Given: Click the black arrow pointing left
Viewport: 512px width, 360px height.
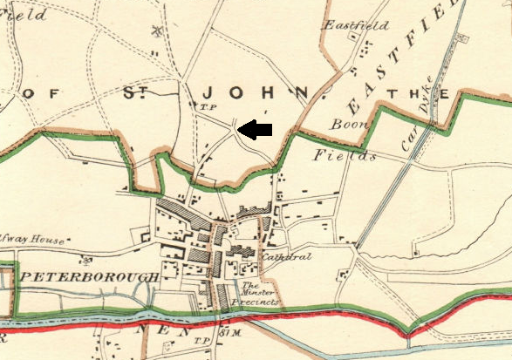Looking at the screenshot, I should click(x=256, y=130).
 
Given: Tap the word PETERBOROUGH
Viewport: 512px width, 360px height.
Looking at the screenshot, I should click(x=89, y=276).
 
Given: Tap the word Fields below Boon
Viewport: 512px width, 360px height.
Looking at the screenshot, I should click(x=344, y=157).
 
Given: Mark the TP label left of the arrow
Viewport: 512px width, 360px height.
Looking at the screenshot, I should click(x=208, y=108).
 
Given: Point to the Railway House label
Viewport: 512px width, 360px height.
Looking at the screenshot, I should click(x=36, y=241).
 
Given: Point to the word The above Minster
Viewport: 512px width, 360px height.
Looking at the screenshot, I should click(x=249, y=285).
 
